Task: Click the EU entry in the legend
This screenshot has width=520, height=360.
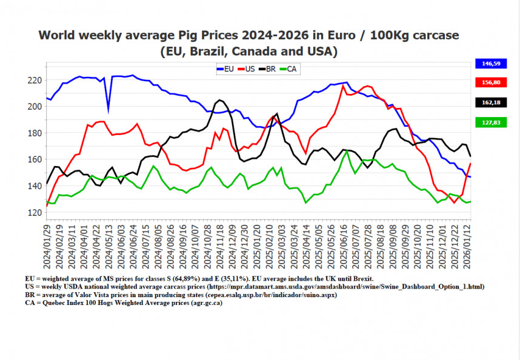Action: [225, 69]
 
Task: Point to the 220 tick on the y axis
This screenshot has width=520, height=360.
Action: [34, 81]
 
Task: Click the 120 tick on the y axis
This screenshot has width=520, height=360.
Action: [34, 213]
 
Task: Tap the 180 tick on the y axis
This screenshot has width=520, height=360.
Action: [34, 133]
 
